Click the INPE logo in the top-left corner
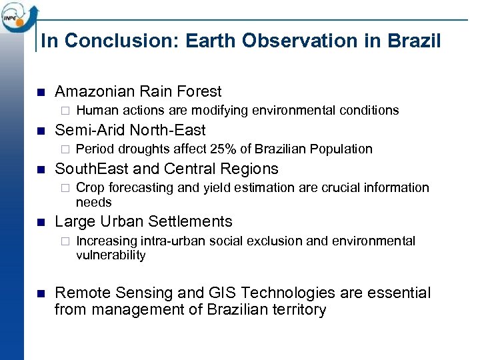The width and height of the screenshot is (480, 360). coord(19,16)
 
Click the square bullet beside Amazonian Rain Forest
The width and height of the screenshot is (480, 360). coord(39,92)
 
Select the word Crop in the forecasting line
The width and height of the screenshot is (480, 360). coord(89,188)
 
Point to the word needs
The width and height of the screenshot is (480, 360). coord(94,202)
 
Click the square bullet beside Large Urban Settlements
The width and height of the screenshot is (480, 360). coord(39,222)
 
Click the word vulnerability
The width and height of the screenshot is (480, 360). coord(111,255)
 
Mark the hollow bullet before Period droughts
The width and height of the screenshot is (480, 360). coord(65,149)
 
